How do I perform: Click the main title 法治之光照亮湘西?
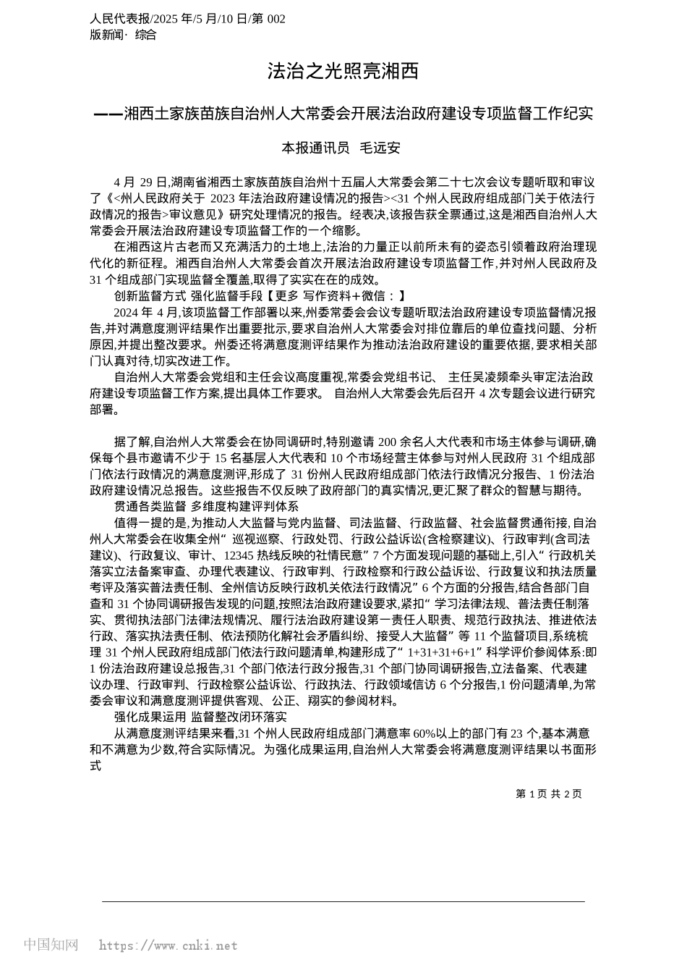[x=343, y=72]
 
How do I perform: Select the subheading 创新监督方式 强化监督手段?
[x=186, y=295]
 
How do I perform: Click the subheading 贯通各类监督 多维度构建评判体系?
[x=206, y=506]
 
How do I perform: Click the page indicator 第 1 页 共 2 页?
[x=548, y=793]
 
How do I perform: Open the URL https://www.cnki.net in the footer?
[x=168, y=945]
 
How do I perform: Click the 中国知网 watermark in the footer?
[x=51, y=945]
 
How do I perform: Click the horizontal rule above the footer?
[x=343, y=901]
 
